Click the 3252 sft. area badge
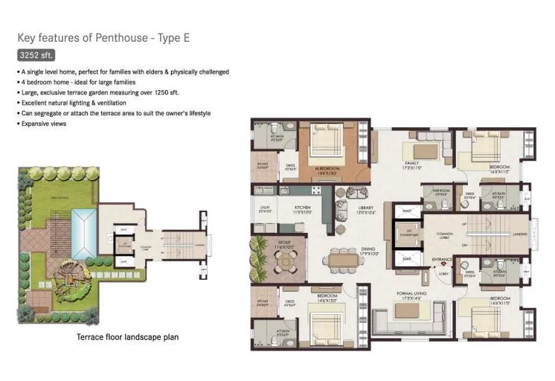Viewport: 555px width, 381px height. (x=36, y=55)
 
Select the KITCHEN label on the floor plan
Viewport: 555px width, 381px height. (x=303, y=209)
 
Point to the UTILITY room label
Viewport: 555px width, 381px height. (x=264, y=209)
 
